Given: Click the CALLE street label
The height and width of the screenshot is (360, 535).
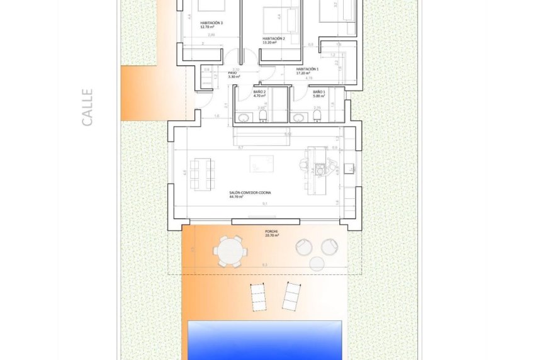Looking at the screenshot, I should (87, 107).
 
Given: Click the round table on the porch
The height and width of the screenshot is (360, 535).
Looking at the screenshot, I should (229, 251).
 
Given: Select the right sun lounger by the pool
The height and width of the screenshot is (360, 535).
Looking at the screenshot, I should (290, 296).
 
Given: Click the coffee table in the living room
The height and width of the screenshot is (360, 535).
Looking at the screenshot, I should (261, 164).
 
